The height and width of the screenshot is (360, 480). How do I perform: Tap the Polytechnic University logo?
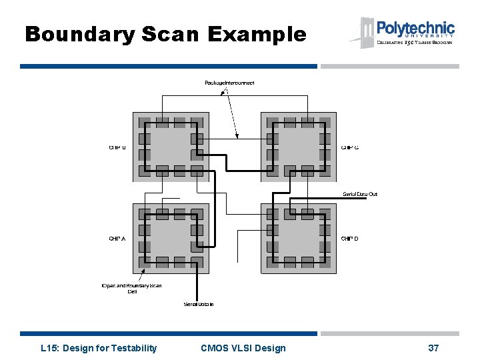(403, 32)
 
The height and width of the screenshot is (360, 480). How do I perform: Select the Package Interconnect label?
(229, 83)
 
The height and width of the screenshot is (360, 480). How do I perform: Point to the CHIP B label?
(117, 147)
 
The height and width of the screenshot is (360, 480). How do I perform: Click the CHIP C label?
(350, 147)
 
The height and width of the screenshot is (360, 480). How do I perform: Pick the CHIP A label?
(117, 238)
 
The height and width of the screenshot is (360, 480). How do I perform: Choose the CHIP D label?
(350, 238)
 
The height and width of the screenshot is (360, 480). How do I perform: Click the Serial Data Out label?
(360, 194)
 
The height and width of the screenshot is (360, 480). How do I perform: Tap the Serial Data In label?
(199, 305)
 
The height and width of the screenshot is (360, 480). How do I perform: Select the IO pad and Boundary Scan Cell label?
(131, 288)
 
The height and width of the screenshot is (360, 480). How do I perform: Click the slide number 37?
(433, 348)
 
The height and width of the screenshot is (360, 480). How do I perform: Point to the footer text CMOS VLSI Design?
(243, 348)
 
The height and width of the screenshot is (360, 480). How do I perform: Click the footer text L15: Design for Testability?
(99, 348)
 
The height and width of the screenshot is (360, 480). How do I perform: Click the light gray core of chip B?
(171, 147)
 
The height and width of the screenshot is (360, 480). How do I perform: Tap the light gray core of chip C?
(298, 147)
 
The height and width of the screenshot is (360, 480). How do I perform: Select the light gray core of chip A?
(171, 238)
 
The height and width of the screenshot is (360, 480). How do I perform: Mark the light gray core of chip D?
(298, 238)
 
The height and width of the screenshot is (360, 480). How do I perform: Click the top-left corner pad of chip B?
(145, 123)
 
